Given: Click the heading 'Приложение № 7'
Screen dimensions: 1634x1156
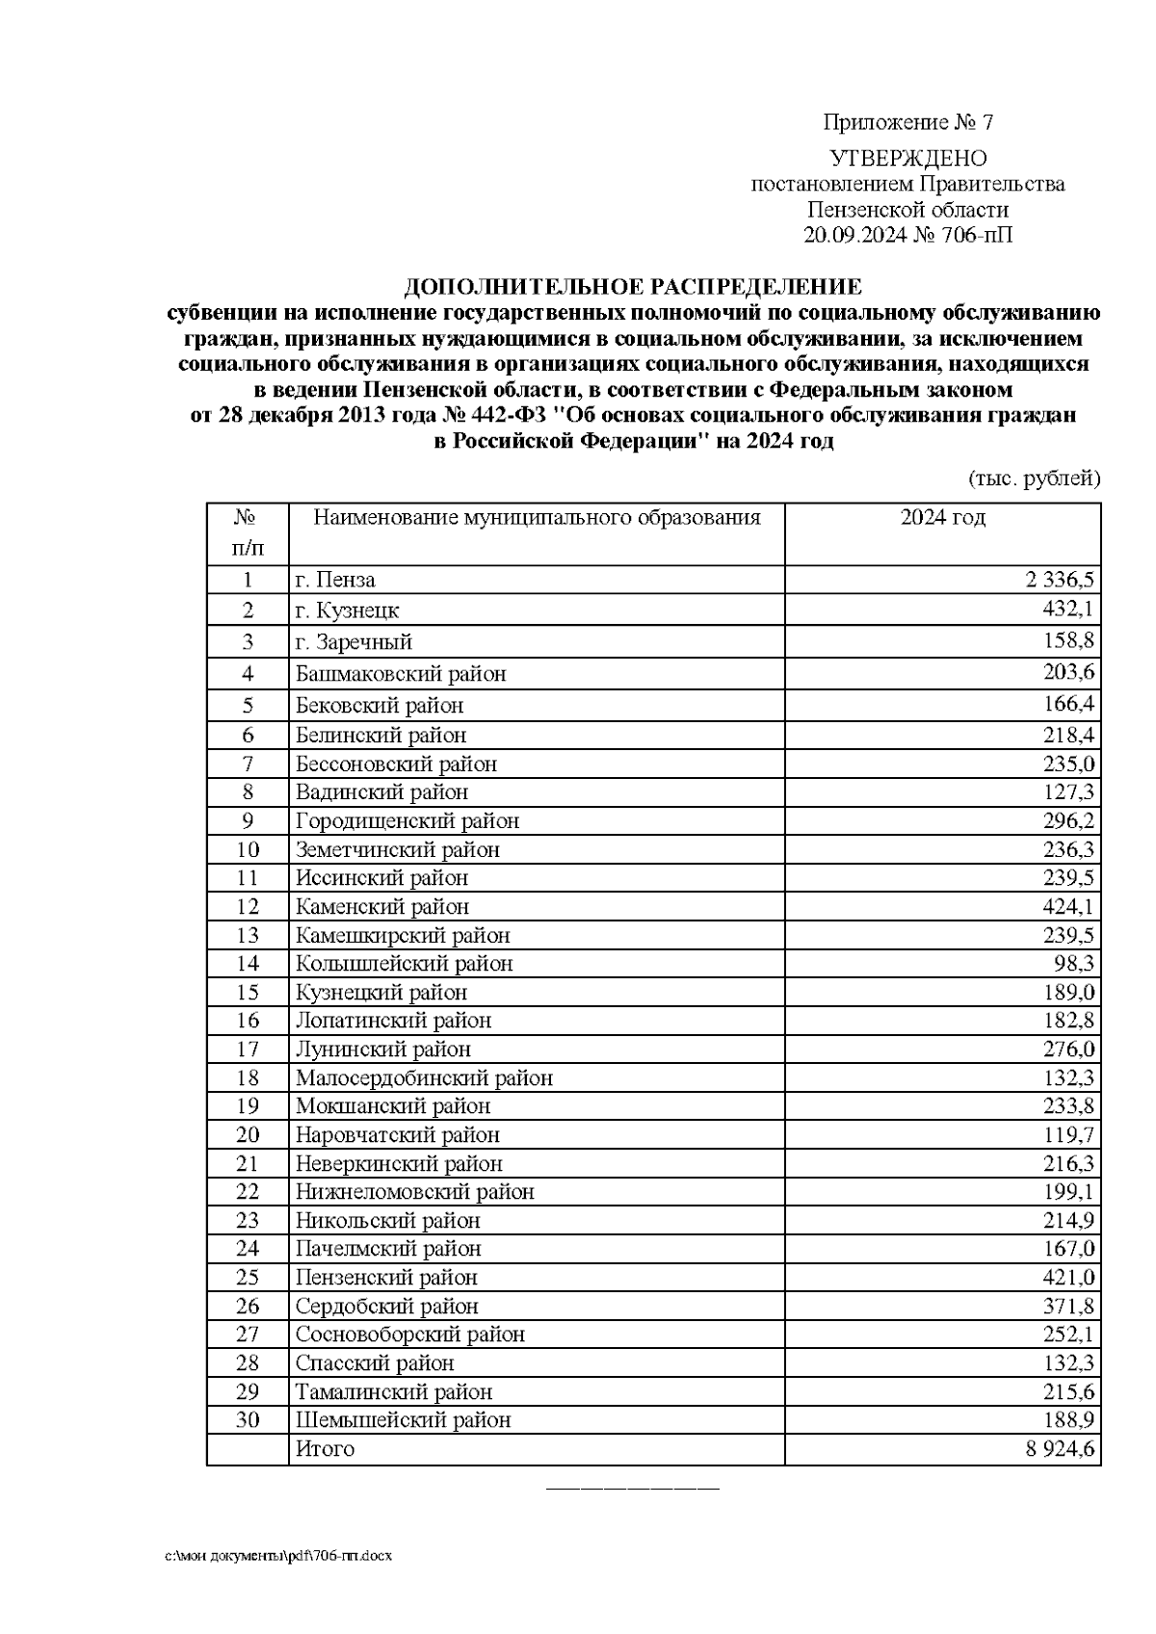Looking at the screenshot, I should click(907, 123).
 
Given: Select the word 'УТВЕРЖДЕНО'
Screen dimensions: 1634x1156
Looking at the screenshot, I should click(907, 158).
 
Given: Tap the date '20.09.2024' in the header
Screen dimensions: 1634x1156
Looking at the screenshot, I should click(854, 235).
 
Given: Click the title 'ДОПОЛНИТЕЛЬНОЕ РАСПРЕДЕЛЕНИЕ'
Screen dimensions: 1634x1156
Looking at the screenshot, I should click(633, 287).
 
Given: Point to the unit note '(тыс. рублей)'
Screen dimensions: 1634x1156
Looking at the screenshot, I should click(1033, 479).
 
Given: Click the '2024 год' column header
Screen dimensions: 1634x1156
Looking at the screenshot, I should click(942, 518).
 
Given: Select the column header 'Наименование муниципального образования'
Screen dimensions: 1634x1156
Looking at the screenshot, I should click(537, 518).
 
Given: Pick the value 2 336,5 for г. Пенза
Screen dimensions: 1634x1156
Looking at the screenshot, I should click(1060, 580).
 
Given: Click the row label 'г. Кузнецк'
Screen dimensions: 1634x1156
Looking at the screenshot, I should click(347, 610).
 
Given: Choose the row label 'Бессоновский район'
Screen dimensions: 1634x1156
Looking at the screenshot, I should click(396, 765).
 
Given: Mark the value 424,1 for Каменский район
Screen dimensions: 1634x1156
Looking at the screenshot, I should click(1068, 907).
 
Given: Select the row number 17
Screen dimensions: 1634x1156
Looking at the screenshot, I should click(248, 1050).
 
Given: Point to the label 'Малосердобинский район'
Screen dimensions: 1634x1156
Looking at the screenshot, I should click(424, 1078).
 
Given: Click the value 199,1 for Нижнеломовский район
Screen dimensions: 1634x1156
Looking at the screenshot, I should click(1068, 1192).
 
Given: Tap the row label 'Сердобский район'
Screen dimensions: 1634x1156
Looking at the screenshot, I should click(386, 1307).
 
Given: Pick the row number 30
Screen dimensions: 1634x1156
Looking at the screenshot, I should click(248, 1420).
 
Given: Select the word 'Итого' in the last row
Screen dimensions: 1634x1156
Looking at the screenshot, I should click(325, 1449).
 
